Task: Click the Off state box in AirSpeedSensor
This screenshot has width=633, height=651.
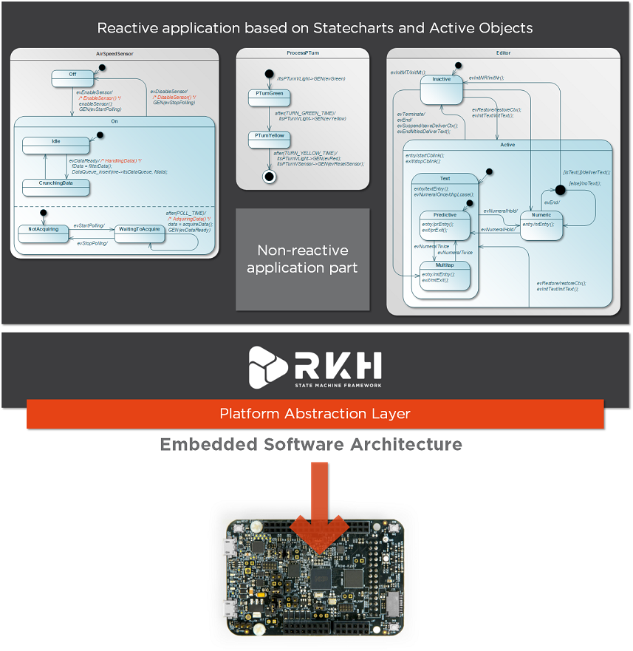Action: coord(72,78)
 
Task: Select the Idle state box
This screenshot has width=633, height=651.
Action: coord(55,146)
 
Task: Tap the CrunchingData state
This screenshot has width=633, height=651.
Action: coord(55,187)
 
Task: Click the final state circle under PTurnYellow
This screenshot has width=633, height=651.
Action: coord(269,177)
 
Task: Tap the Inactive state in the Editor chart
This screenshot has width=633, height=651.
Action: coord(442,89)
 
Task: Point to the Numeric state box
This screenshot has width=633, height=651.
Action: coord(541,225)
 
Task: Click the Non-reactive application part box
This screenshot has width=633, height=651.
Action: coord(302,259)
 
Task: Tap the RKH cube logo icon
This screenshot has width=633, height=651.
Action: coord(266,367)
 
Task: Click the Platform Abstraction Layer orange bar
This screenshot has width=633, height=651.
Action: coord(315,414)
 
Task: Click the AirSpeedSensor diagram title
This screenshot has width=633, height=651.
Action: coord(114,54)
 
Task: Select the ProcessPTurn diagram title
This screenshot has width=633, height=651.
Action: coord(302,54)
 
